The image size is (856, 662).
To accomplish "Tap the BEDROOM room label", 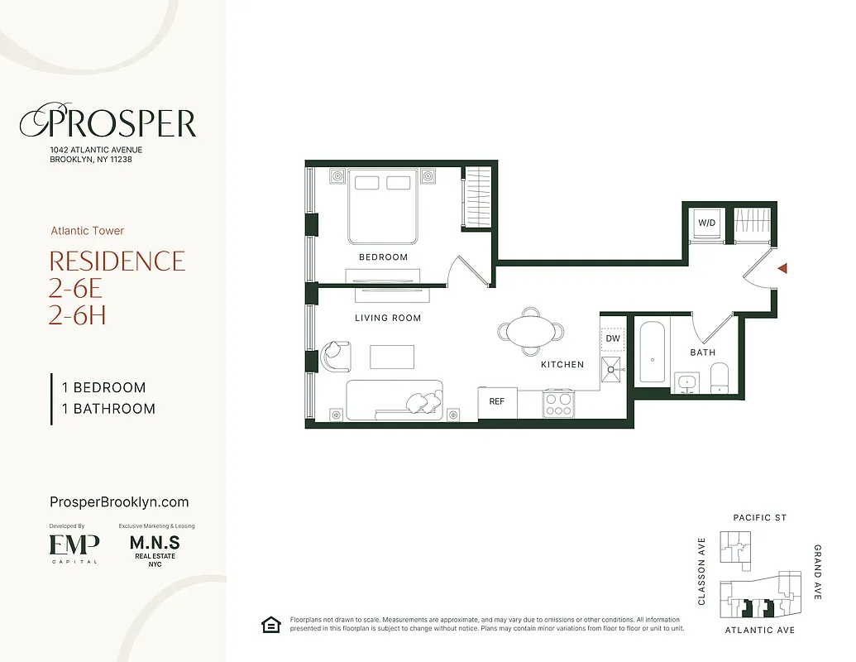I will pyautogui.click(x=383, y=257).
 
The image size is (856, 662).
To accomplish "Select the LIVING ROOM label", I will pyautogui.click(x=388, y=318).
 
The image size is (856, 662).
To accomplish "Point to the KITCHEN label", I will pyautogui.click(x=562, y=364).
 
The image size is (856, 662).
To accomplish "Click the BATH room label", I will pyautogui.click(x=703, y=353).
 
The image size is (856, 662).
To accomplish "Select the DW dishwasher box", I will pyautogui.click(x=613, y=338).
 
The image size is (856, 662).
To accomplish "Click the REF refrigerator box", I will pyautogui.click(x=497, y=402).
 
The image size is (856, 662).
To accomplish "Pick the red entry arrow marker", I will pyautogui.click(x=782, y=268).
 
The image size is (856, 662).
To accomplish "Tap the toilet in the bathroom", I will pyautogui.click(x=719, y=377).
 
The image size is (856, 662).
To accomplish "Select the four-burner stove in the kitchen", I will pyautogui.click(x=558, y=404).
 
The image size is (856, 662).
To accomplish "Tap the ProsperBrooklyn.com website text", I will pyautogui.click(x=119, y=502).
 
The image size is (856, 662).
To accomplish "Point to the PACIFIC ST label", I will pyautogui.click(x=759, y=518).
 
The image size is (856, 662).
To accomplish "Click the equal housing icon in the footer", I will pyautogui.click(x=270, y=625).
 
